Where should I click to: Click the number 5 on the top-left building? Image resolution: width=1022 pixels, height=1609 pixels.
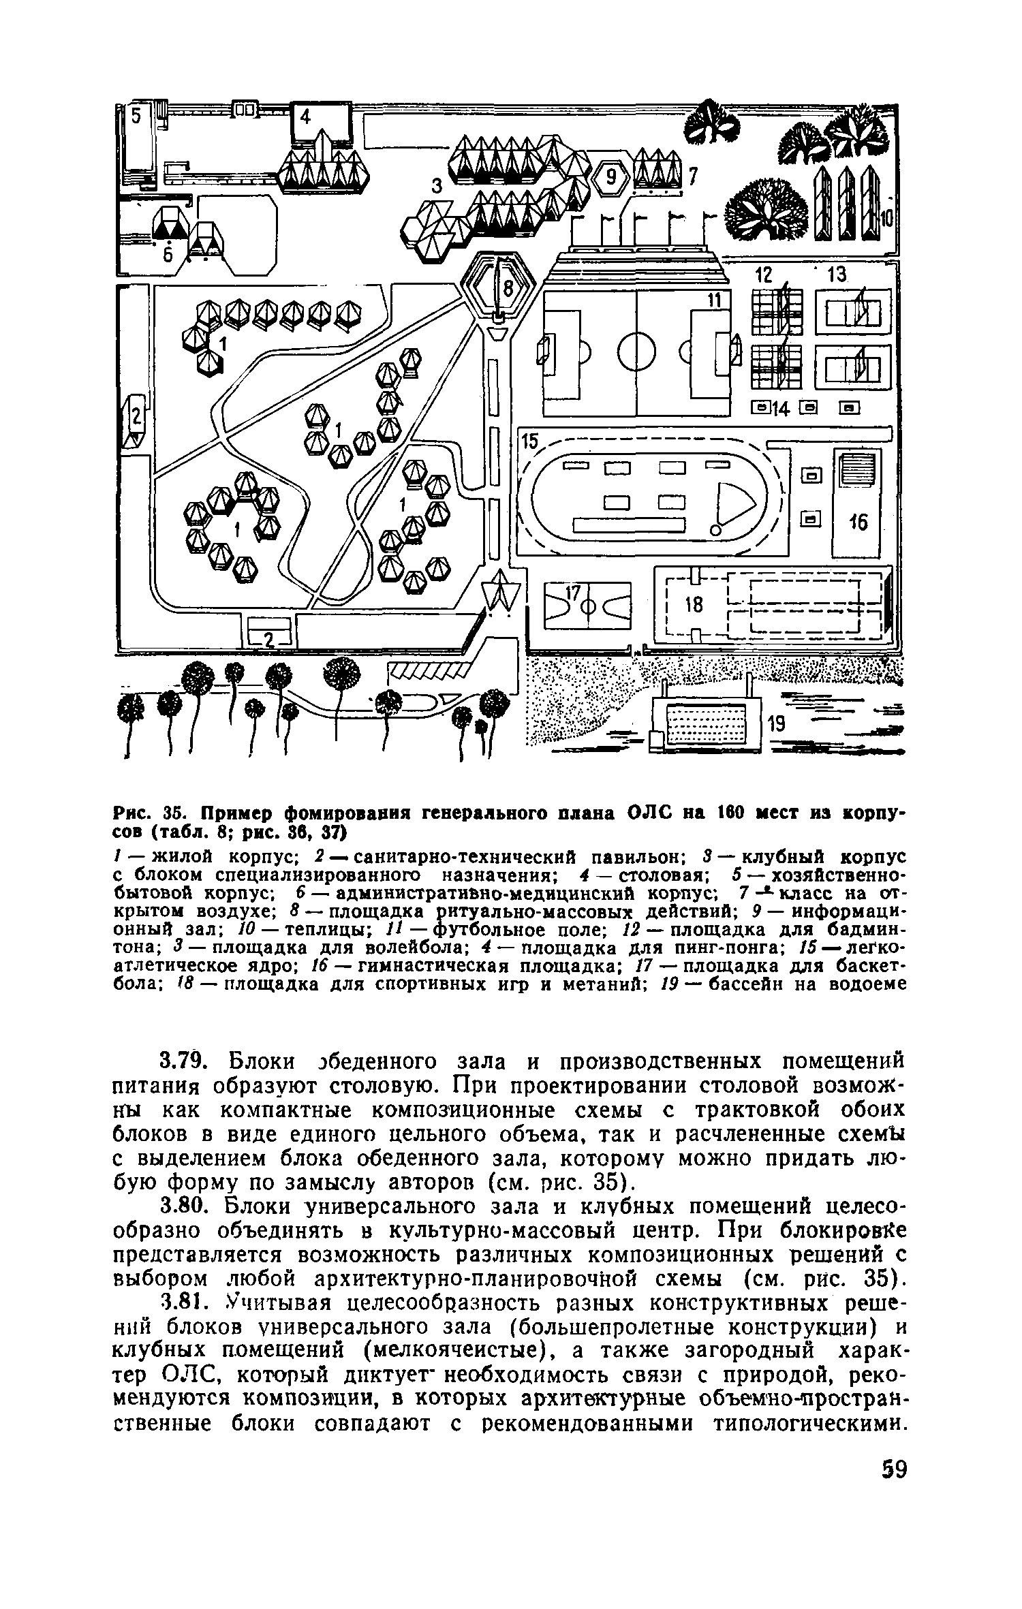point(136,116)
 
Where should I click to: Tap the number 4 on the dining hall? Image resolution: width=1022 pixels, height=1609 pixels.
point(305,118)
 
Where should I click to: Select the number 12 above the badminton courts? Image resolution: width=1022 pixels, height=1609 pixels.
point(766,275)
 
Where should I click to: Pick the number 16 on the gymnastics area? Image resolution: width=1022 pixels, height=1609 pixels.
point(858,522)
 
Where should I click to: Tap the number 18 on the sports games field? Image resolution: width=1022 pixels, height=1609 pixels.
point(694,606)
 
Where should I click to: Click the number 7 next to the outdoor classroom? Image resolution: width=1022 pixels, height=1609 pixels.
point(694,176)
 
